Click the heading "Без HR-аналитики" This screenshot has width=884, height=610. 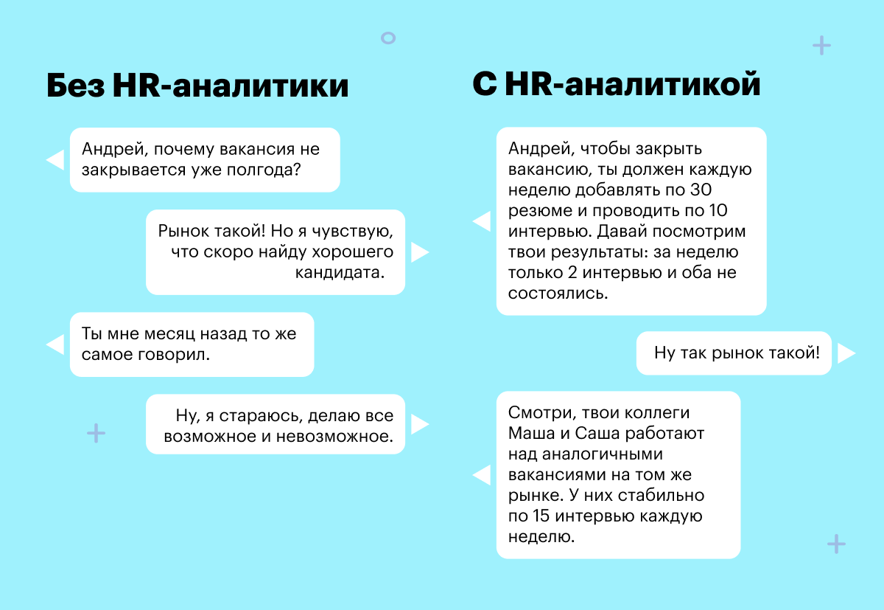(197, 86)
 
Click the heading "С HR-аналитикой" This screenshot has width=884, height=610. (617, 84)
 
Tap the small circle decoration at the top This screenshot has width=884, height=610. (388, 38)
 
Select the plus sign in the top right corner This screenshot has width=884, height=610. (821, 46)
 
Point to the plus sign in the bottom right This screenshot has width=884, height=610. (836, 544)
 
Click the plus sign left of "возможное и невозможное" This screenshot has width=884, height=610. (96, 434)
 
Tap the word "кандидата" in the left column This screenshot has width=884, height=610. (340, 273)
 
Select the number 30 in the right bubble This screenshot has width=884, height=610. (701, 190)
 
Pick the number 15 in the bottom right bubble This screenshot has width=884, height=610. (541, 516)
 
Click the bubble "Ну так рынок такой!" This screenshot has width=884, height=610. (734, 353)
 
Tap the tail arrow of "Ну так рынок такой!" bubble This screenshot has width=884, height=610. (846, 353)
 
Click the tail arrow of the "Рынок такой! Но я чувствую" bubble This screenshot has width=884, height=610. (421, 252)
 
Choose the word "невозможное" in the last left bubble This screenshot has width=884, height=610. (334, 437)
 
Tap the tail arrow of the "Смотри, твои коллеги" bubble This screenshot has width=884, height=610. (482, 475)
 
